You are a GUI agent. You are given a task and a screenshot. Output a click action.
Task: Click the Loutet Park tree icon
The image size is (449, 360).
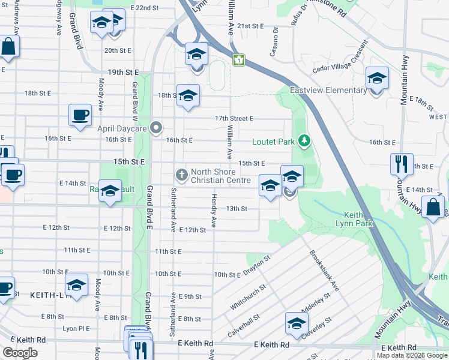point(306,142)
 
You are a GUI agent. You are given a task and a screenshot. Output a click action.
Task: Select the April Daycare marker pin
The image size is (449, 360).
point(157,127)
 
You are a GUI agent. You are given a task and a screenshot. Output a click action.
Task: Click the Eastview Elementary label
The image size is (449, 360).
point(328,91)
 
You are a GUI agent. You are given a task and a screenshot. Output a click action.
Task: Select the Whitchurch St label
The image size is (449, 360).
point(247,296)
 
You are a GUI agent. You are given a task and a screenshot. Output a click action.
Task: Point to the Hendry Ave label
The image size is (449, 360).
point(213,210)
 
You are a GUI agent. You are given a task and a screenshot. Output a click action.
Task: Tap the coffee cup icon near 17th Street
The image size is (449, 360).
point(80,115)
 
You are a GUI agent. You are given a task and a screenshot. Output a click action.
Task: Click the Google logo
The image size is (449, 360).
point(20,353)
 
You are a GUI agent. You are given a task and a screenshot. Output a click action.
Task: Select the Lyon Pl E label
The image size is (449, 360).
point(76,329)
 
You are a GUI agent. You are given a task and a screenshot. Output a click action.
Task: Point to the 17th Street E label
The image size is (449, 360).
point(234,119)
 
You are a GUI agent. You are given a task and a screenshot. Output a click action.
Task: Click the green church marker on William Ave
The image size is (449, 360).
point(239,60)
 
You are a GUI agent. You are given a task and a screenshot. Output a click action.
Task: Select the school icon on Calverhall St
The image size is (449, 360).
point(296,323)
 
